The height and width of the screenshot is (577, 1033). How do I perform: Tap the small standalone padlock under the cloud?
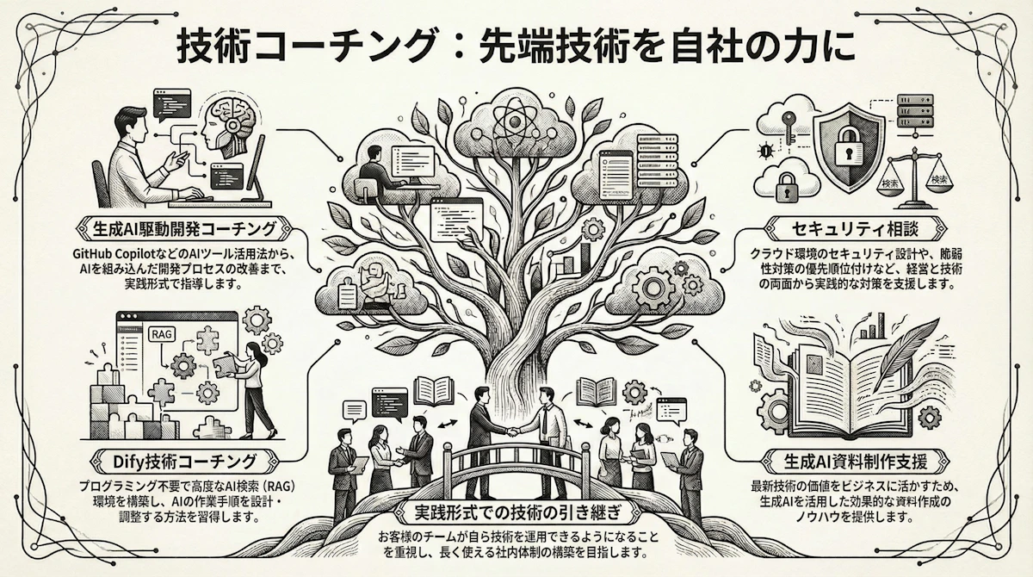point(786,184)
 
